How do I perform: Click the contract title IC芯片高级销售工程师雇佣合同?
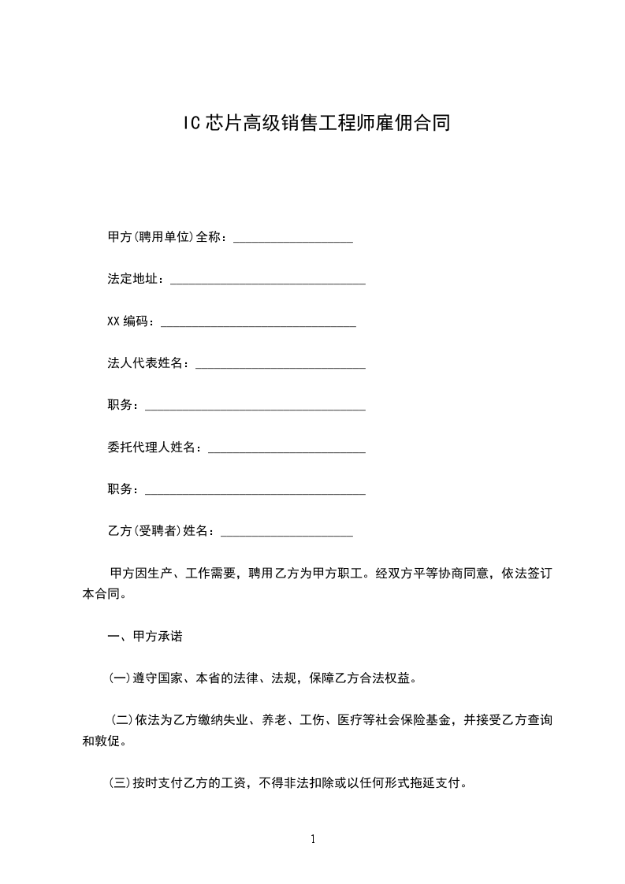coord(312,124)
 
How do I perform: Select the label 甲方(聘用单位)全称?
coord(166,236)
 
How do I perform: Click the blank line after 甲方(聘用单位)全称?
coord(293,240)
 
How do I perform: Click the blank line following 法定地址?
coord(268,282)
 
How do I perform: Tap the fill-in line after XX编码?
coord(259,325)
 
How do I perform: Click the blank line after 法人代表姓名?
coord(281,367)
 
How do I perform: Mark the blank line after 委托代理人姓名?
coord(287,451)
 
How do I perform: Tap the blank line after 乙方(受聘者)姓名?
coord(287,536)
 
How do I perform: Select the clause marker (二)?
coord(122,720)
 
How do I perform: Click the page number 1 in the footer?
coord(313,839)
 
